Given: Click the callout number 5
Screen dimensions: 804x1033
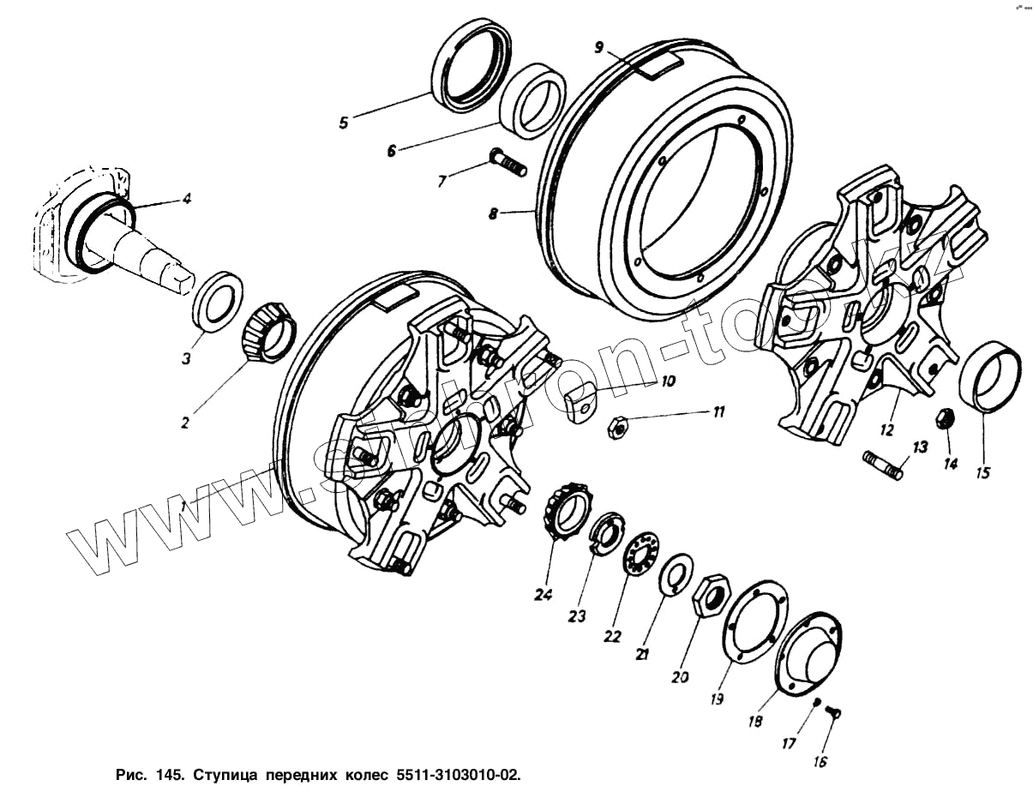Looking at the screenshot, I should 343,122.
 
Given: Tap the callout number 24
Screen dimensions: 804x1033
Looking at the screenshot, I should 544,594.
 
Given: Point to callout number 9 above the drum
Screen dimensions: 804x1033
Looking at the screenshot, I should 600,47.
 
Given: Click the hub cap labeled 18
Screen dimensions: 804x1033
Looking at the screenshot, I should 809,653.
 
